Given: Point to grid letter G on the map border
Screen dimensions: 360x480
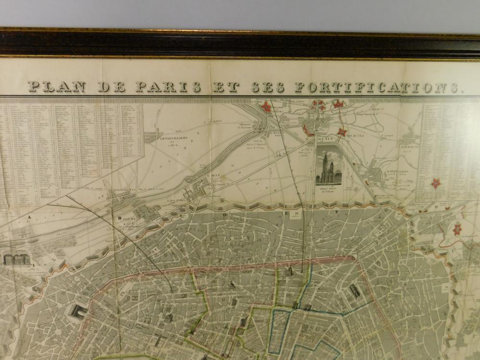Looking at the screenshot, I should [x=387, y=211].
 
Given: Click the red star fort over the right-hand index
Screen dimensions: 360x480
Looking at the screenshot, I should [x=436, y=182].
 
